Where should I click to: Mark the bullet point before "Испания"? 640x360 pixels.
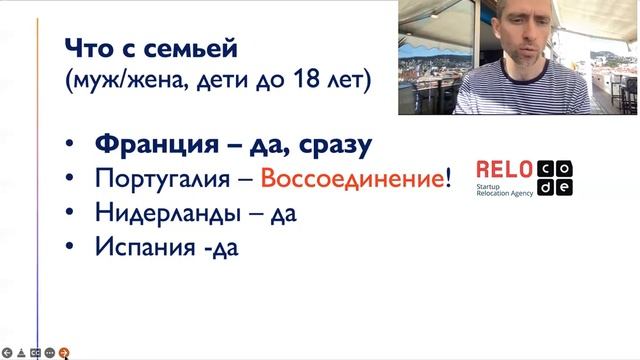67,248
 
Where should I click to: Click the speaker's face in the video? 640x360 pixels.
507,40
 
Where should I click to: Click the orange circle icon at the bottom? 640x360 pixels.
65,352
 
